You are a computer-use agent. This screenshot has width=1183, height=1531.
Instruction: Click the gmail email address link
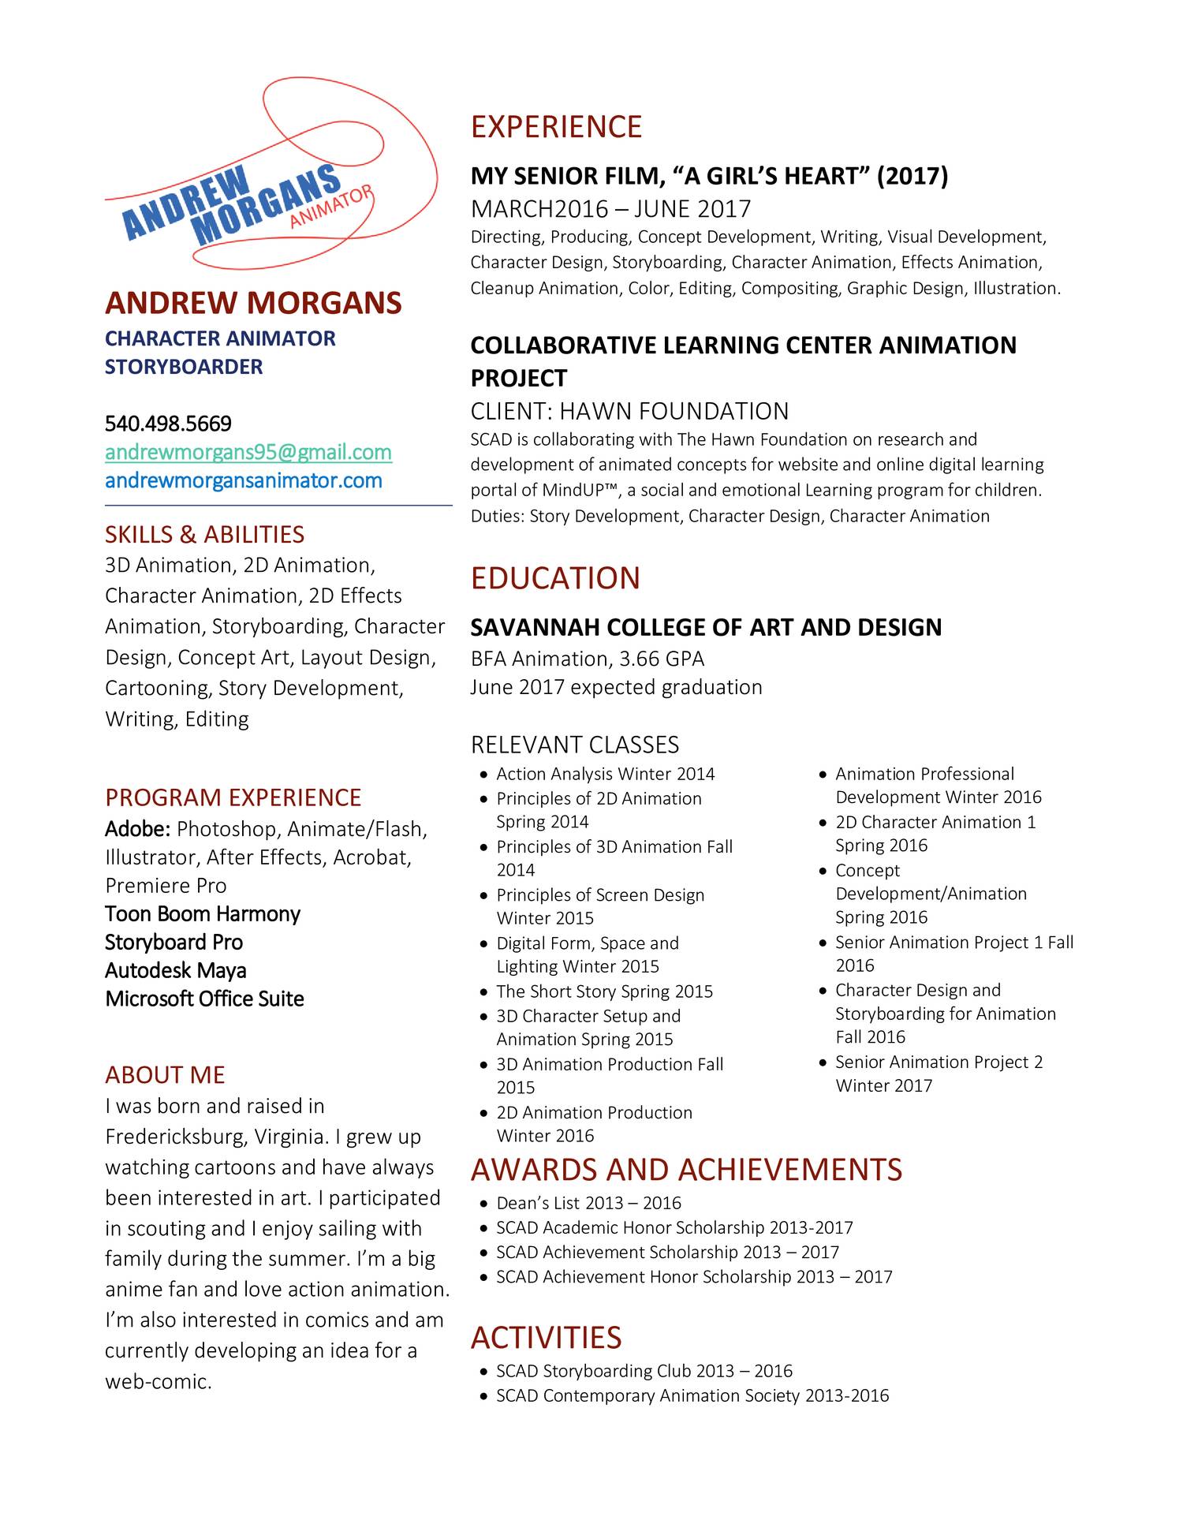[248, 453]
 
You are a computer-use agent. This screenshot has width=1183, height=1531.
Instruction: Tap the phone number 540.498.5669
[168, 424]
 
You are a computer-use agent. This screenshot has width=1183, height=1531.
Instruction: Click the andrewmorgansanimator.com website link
[243, 481]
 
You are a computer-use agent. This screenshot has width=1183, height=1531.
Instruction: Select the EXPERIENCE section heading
[556, 127]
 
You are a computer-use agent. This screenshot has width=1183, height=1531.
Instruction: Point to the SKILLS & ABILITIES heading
[204, 535]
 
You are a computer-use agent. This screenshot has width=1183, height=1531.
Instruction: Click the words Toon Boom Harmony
[203, 914]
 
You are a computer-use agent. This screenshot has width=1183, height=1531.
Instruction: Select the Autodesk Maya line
[175, 971]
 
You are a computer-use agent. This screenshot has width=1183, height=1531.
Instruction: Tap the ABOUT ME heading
[165, 1075]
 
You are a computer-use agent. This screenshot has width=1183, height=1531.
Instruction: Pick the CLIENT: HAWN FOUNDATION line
[629, 412]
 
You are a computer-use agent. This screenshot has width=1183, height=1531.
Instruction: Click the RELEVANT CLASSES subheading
[574, 745]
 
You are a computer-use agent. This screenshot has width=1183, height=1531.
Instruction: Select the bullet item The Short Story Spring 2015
[604, 991]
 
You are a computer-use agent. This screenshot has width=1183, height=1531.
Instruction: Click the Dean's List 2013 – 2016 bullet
[588, 1203]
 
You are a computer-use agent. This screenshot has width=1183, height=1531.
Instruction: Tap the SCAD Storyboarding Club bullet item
[644, 1371]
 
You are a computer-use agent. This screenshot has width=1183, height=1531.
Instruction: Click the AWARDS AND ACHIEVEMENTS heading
[686, 1170]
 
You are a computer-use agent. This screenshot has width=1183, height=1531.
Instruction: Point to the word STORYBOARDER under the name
[184, 367]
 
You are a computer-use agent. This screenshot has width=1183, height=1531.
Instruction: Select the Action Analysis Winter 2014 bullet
[605, 774]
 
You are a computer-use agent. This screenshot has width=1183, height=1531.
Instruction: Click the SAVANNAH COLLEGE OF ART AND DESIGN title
[706, 628]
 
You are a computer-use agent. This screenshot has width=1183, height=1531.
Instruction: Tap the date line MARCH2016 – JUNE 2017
[610, 209]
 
